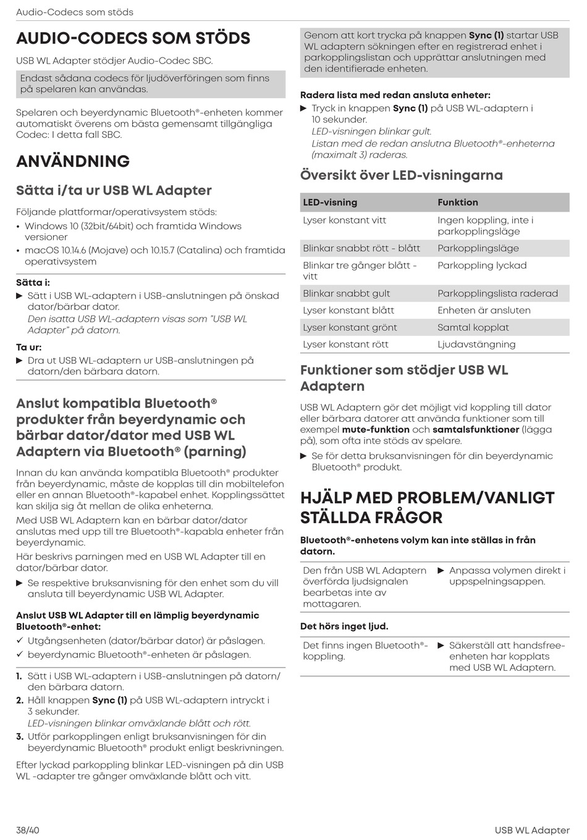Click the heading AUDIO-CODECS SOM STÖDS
pos(133,38)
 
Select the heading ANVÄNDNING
pos(73,161)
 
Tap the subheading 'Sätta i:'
pos(33,282)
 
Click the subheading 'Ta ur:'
pos(29,347)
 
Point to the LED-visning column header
pos(330,203)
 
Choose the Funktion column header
pos(457,203)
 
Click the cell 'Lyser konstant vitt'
pos(344,220)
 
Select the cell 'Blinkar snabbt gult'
pos(346,293)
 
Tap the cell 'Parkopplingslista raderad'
pos(497,293)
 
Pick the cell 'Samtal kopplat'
pos(473,327)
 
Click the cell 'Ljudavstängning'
pos(476,345)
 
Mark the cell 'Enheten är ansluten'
pos(484,311)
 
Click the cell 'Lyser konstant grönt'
pos(350,327)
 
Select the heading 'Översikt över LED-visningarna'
pos(402,175)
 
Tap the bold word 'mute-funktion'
pos(376,429)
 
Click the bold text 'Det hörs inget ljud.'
pos(344,626)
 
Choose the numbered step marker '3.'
pos(20,736)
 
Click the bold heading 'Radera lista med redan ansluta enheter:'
pos(395,95)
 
